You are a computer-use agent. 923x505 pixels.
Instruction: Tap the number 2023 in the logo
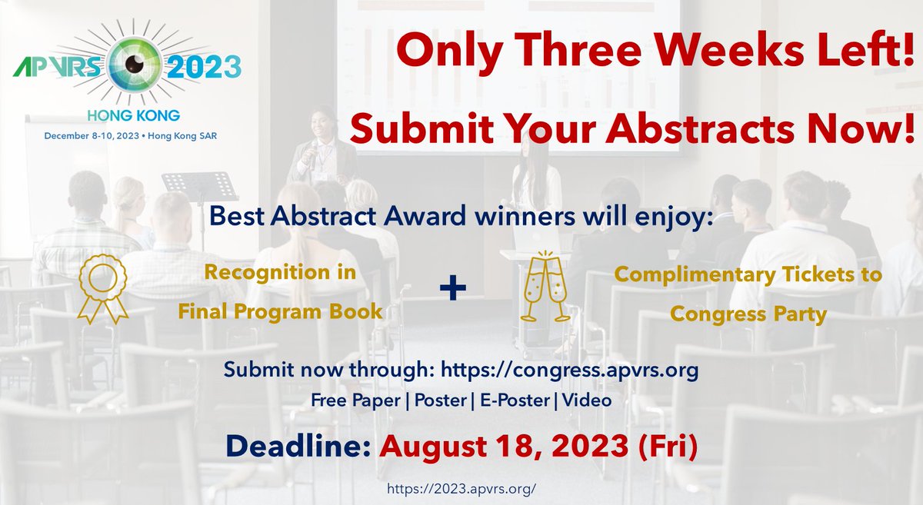click(x=197, y=68)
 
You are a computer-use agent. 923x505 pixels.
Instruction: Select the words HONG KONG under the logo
click(x=135, y=116)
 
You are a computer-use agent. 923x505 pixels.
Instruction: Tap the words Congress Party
click(x=747, y=314)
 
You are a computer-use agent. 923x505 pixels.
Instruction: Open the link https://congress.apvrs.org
click(x=569, y=370)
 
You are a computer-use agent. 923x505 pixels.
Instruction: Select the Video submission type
click(x=588, y=400)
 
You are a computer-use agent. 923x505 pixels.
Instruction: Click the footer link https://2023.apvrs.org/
click(x=461, y=487)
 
